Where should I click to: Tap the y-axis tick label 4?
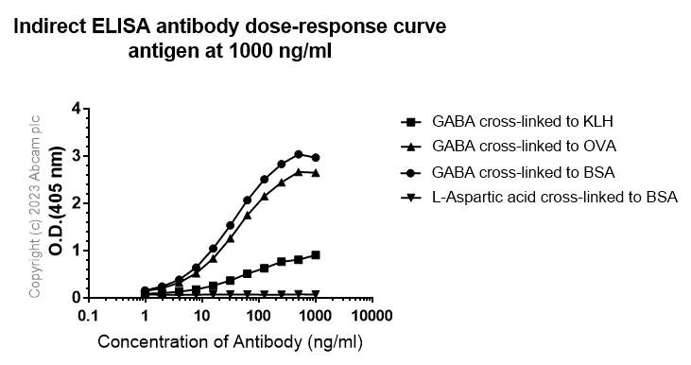(x=75, y=109)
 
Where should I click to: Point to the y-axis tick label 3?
(x=75, y=156)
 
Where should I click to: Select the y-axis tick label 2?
(x=75, y=203)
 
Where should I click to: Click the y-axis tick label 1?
(x=75, y=250)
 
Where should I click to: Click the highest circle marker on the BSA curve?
(x=299, y=154)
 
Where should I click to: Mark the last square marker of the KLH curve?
(x=316, y=254)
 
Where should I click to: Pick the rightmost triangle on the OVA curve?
(x=316, y=173)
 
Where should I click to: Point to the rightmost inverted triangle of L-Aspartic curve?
(x=316, y=294)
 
